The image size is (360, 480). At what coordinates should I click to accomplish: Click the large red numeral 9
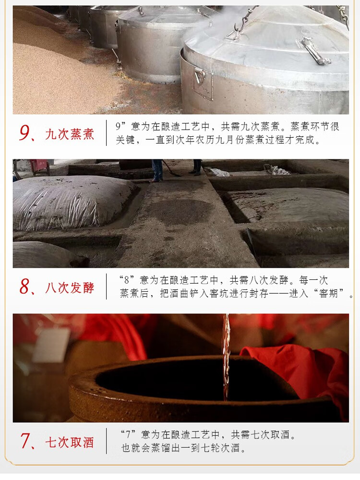(x=24, y=133)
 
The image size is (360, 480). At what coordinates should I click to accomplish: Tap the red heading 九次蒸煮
(x=70, y=134)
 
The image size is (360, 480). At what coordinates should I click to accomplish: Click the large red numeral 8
(x=24, y=287)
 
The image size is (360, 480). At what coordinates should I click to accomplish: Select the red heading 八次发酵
(x=70, y=288)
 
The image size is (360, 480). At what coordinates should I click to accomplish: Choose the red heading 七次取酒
(x=70, y=443)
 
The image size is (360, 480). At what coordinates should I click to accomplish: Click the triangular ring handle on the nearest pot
(x=200, y=76)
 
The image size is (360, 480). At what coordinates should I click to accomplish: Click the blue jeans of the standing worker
(x=158, y=169)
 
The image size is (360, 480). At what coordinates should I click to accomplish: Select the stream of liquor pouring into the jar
(x=226, y=357)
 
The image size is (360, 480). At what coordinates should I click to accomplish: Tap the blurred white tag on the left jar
(x=51, y=345)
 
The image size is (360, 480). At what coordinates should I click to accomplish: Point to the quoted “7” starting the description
(x=128, y=434)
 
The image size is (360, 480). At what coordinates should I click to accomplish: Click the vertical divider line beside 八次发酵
(x=106, y=287)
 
